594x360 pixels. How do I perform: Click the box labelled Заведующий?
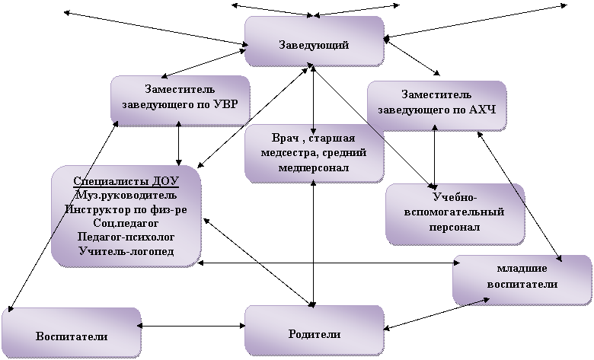click(314, 41)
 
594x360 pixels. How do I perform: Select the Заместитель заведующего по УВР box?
click(180, 100)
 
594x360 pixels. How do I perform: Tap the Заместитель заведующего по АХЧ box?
click(437, 106)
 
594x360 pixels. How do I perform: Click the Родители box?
click(314, 331)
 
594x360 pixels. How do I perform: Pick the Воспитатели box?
click(72, 333)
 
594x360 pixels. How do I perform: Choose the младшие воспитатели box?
click(522, 280)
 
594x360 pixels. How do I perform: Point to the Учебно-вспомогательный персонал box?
click(455, 215)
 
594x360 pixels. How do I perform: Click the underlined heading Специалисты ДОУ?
click(126, 181)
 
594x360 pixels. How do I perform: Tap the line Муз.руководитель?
click(126, 196)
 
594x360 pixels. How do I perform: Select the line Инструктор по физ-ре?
click(126, 209)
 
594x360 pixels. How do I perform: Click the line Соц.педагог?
click(126, 223)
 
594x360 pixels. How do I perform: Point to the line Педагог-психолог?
click(126, 237)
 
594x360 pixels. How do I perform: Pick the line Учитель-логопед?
click(126, 251)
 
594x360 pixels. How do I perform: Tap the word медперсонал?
click(314, 167)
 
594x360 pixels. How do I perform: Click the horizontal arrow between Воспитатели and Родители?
click(191, 326)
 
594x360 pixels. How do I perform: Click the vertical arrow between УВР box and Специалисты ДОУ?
click(179, 143)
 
